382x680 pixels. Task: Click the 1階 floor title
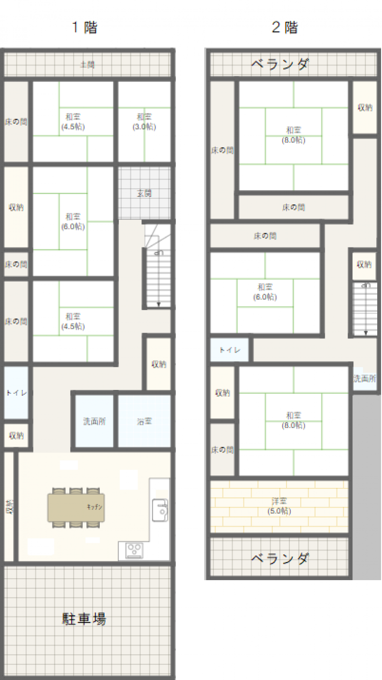tap(85, 28)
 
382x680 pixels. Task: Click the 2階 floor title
tap(285, 28)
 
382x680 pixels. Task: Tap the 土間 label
tap(87, 64)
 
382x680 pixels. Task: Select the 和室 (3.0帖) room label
tap(144, 122)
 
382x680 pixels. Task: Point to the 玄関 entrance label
tap(144, 194)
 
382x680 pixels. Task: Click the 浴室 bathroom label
tap(144, 421)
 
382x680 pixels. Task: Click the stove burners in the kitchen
tap(134, 550)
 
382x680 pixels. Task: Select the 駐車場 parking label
tap(85, 619)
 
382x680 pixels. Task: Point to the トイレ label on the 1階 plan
tap(16, 393)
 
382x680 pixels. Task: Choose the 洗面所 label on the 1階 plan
tap(95, 421)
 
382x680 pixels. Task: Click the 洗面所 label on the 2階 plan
tap(364, 379)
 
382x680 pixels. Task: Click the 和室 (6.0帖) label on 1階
tap(73, 221)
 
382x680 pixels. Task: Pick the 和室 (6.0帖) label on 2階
tap(265, 292)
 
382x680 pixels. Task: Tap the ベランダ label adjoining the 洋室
tap(280, 557)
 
